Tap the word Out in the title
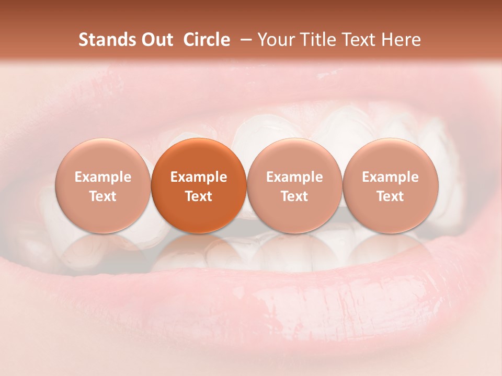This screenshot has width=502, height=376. pyautogui.click(x=156, y=40)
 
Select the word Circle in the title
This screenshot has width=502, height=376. pyautogui.click(x=205, y=40)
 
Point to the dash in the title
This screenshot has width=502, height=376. pyautogui.click(x=244, y=40)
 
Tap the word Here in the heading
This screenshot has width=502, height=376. pyautogui.click(x=402, y=40)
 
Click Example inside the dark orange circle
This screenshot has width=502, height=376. pyautogui.click(x=199, y=177)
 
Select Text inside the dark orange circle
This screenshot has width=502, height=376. pyautogui.click(x=199, y=196)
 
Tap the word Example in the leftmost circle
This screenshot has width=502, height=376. pyautogui.click(x=103, y=177)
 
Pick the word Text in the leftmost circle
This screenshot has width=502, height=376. pyautogui.click(x=103, y=196)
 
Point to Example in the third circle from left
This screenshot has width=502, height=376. pyautogui.click(x=294, y=177)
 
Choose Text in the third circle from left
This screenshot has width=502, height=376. pyautogui.click(x=294, y=196)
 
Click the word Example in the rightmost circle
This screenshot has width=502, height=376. pyautogui.click(x=391, y=177)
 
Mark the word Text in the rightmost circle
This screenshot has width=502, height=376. pyautogui.click(x=391, y=196)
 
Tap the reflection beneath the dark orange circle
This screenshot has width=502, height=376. pyautogui.click(x=199, y=251)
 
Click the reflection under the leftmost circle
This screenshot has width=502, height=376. pyautogui.click(x=103, y=251)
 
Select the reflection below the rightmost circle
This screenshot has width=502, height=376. pyautogui.click(x=391, y=251)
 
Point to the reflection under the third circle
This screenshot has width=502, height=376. pyautogui.click(x=294, y=251)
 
